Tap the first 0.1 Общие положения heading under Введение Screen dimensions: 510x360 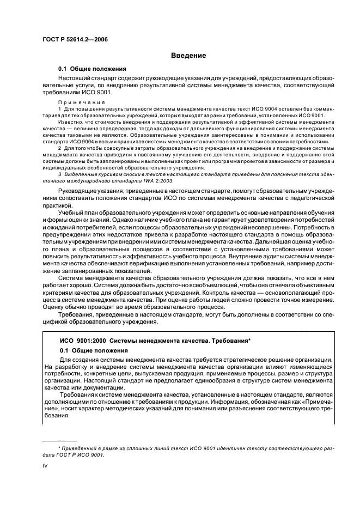pyautogui.click(x=93, y=69)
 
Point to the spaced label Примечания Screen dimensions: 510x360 pyautogui.click(x=78, y=102)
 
